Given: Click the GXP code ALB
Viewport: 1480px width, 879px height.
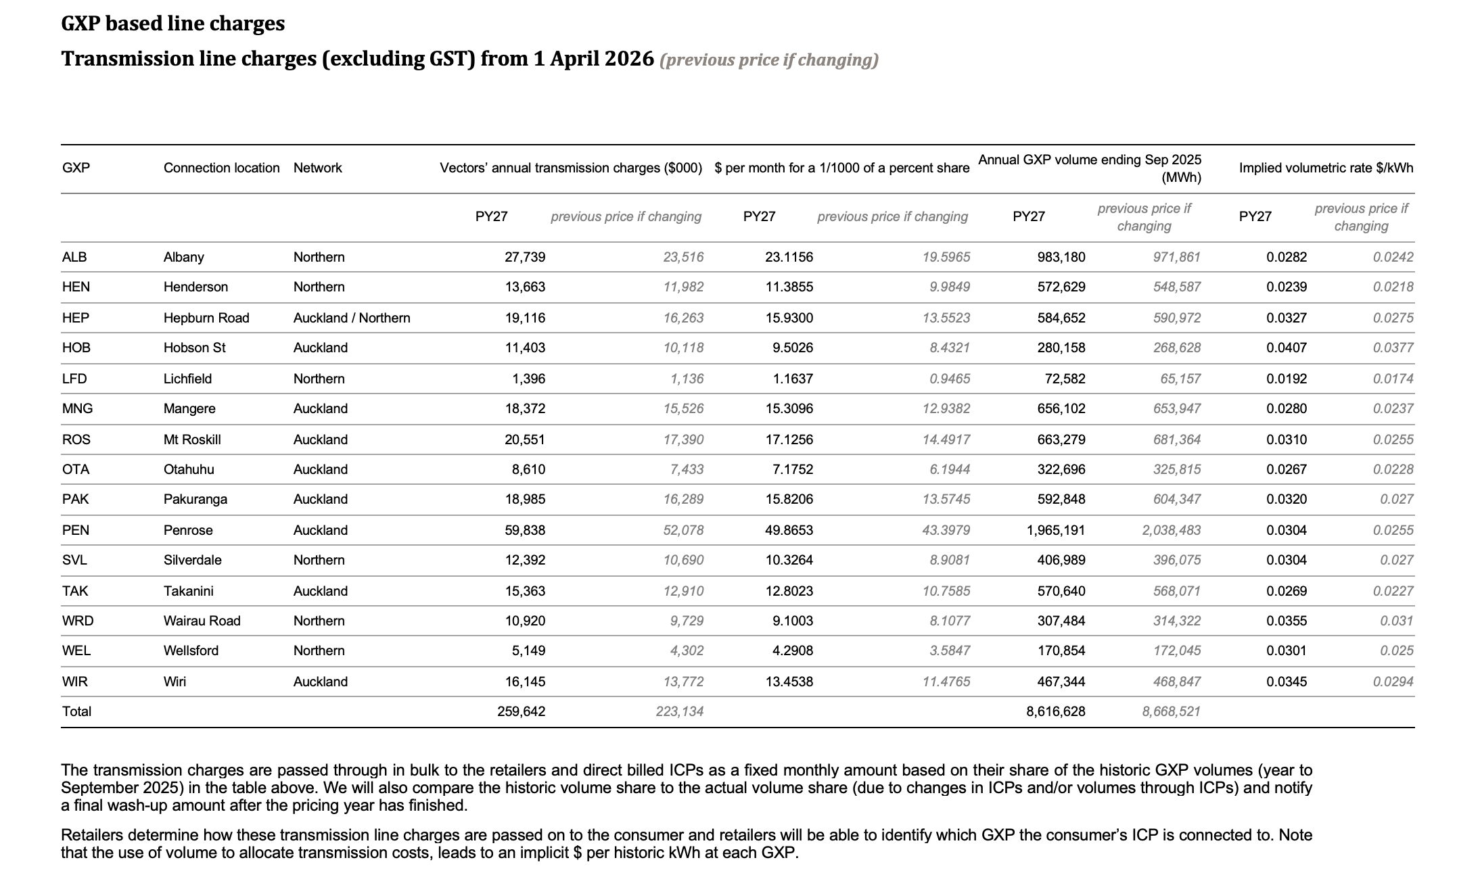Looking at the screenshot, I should pos(74,257).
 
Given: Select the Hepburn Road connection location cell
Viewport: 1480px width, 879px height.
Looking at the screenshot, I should pos(206,318).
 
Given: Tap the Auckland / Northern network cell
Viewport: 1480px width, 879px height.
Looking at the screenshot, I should pos(352,318).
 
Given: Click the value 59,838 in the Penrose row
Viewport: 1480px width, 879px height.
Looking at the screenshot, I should pos(525,530).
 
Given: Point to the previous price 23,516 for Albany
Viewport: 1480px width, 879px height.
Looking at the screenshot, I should pos(683,257).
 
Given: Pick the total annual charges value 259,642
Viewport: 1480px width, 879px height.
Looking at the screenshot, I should pos(522,711).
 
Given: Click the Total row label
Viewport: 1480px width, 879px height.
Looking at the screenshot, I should pos(76,711).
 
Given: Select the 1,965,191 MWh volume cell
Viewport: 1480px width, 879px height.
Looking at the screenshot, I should pos(1056,530).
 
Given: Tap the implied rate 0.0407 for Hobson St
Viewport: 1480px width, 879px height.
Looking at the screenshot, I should pos(1287,348).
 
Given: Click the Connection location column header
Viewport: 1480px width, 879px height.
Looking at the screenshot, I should pos(221,168).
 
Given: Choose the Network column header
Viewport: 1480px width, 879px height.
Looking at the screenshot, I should pos(318,168).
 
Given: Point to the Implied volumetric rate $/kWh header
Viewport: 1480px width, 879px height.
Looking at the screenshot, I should pos(1326,168).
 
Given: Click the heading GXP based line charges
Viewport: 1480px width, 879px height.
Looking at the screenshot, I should pos(173,24).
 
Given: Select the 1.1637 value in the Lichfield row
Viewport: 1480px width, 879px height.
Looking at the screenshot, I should pos(793,379).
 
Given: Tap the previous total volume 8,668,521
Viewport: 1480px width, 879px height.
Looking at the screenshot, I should pos(1172,711).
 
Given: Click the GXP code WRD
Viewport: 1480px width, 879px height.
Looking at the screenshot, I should pos(78,621).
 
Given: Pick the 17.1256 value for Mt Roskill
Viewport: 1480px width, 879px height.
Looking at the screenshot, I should pos(789,439).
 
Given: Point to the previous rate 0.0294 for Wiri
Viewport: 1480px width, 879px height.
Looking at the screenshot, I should pos(1393,682).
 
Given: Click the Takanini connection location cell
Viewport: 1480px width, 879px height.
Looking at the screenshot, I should pos(188,591).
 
